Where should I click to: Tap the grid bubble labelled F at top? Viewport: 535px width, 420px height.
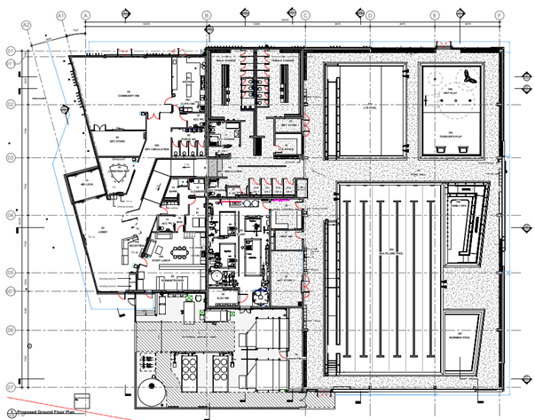[500, 15]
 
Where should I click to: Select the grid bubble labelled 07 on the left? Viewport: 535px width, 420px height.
[11, 388]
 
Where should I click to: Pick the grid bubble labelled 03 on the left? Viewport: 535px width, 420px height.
[11, 157]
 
